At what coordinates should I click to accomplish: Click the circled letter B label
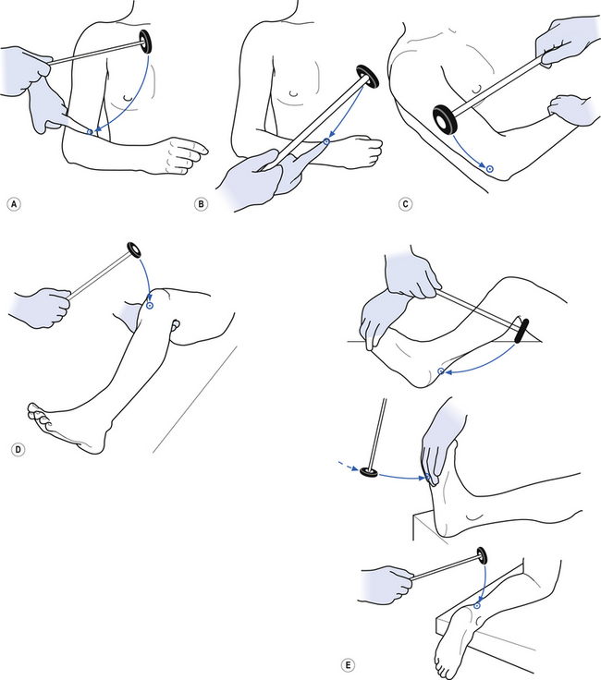tap(202, 203)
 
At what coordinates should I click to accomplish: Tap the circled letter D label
tap(15, 451)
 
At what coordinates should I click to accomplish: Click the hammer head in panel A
tap(145, 40)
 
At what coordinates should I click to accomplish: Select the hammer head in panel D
tap(134, 249)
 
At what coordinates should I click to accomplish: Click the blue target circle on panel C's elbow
tap(490, 169)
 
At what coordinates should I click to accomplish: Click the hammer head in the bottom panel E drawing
tap(480, 557)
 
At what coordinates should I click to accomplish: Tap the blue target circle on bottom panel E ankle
tap(475, 605)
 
